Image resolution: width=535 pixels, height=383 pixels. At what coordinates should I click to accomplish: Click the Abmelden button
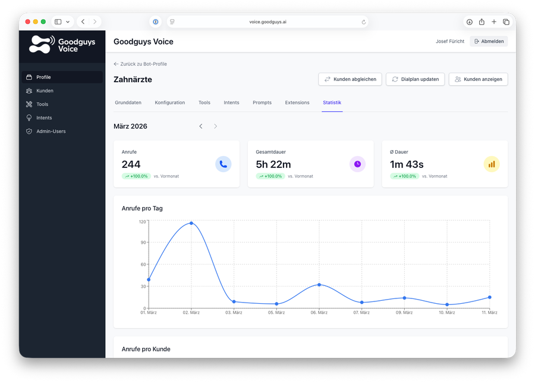pos(489,41)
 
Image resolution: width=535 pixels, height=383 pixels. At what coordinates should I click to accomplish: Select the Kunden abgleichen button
pos(350,79)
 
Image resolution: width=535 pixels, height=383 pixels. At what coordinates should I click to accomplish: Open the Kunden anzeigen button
pos(478,79)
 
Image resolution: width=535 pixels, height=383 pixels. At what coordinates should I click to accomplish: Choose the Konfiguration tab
pos(170,102)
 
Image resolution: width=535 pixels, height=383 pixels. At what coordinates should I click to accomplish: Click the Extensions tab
pos(297,102)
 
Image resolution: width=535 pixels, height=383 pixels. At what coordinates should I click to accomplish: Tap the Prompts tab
pos(262,102)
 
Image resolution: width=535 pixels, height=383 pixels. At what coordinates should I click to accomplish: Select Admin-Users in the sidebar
pos(51,131)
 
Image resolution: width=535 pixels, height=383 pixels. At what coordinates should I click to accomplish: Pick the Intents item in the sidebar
pos(44,118)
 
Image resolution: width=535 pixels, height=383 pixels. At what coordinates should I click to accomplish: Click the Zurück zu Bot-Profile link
pos(140,64)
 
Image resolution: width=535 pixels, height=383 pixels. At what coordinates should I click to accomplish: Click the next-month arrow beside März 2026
pos(215,126)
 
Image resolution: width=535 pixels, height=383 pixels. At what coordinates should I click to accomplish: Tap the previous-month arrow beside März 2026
pos(201,126)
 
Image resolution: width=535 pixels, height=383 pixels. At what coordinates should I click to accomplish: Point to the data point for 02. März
pos(191,223)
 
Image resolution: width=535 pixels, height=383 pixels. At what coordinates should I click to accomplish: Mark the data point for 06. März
pos(319,285)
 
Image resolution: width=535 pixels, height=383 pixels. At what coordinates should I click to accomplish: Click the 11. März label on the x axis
pos(489,313)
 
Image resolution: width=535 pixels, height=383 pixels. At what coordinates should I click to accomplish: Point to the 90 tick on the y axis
pos(143,242)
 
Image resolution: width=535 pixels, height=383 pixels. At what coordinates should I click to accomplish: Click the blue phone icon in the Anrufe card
pos(224,164)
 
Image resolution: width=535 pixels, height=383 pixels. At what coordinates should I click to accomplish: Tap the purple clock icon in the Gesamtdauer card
pos(357,164)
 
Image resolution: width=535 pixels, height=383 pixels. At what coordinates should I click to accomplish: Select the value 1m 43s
pos(407,164)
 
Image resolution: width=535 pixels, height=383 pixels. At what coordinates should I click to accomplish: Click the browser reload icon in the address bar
pos(364,22)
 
